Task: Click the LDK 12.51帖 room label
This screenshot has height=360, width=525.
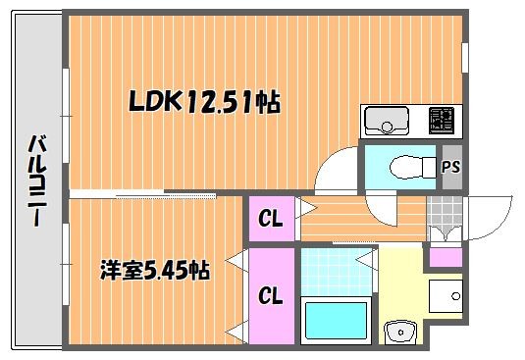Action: [x=204, y=101]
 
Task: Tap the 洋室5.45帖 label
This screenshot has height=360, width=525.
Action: [x=155, y=270]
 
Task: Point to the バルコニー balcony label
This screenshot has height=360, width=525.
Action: [x=37, y=180]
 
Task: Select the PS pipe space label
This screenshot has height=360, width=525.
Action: [x=451, y=167]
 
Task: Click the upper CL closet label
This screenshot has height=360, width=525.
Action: [x=271, y=219]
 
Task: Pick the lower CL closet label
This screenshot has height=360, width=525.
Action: [x=271, y=296]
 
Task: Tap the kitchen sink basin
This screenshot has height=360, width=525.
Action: [x=387, y=121]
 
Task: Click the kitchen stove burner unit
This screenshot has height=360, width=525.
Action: [x=442, y=120]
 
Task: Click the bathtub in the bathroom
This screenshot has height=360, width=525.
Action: [x=336, y=321]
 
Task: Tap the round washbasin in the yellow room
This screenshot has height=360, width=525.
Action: [x=400, y=333]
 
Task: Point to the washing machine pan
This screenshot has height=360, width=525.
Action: [x=446, y=296]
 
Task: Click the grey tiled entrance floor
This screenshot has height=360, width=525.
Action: [x=445, y=211]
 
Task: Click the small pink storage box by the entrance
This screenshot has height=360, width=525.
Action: [x=446, y=257]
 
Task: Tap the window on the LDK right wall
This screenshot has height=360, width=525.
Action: [x=465, y=58]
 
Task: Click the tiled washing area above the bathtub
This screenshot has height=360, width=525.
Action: [x=336, y=272]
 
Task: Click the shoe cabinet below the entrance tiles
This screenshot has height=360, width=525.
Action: [x=445, y=233]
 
